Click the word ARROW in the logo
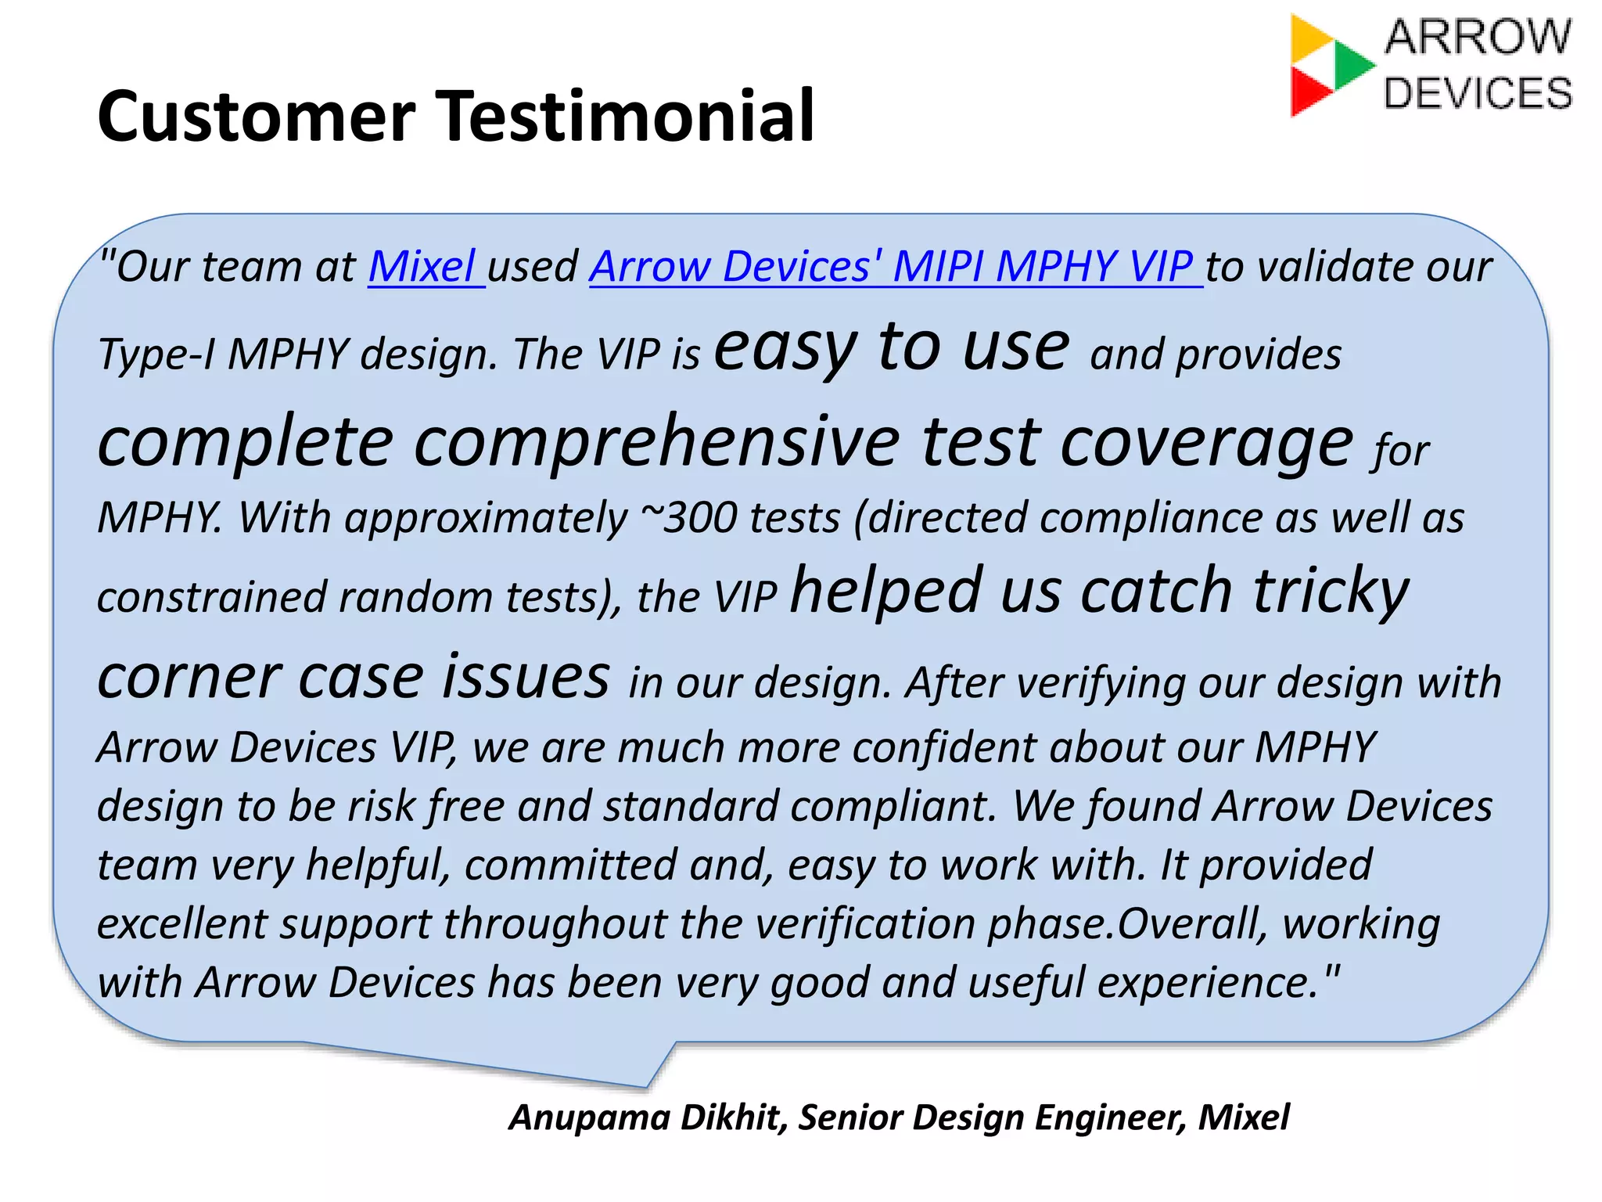click(1478, 37)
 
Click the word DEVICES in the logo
click(1478, 93)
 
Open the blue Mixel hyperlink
click(422, 266)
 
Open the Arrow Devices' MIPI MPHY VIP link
click(891, 266)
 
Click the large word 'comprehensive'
click(657, 442)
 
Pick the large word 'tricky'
click(1331, 591)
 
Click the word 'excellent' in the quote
click(182, 924)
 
